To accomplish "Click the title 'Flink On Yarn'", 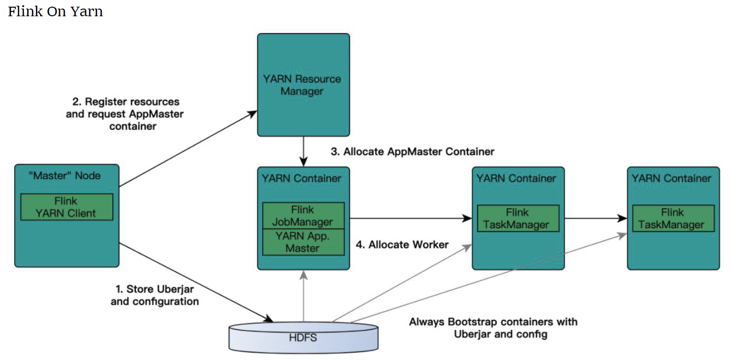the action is click(x=55, y=11).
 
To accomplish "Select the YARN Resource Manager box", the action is click(x=303, y=85).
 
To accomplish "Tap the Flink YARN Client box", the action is click(x=67, y=207).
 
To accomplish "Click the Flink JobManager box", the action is click(x=303, y=215).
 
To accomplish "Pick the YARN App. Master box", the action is click(x=303, y=242).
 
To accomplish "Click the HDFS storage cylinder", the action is click(x=303, y=337).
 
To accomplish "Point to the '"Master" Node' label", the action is click(x=65, y=176).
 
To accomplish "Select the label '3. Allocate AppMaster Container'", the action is click(x=412, y=152).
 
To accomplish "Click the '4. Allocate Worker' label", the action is click(x=402, y=244).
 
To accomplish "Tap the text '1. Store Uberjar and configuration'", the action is click(x=155, y=295).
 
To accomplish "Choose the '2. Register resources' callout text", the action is click(x=126, y=102).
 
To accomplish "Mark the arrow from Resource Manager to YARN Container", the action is click(x=303, y=151).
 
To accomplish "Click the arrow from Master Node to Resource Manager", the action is click(x=188, y=149).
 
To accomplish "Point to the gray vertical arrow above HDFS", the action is click(x=303, y=296).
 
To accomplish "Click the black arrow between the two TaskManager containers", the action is click(x=596, y=218).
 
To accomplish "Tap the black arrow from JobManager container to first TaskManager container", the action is click(x=411, y=218).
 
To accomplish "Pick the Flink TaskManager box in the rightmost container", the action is click(x=673, y=218).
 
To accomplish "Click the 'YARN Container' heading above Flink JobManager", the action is click(x=301, y=178).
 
